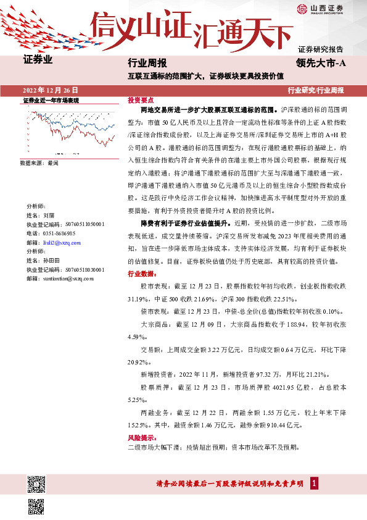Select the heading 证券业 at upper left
click(38, 61)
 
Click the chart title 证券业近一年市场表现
click(51, 100)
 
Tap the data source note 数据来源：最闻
click(39, 163)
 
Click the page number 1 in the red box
click(315, 484)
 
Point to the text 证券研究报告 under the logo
click(320, 48)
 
